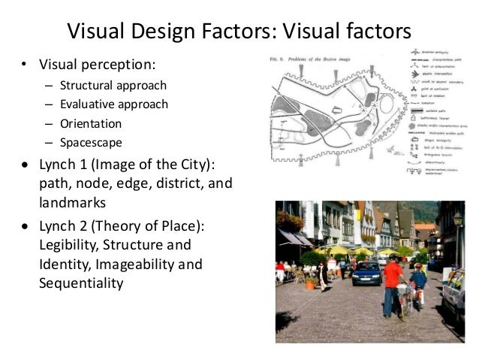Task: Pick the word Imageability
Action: point(150,265)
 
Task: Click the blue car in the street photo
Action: point(366,271)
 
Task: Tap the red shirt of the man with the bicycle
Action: point(393,274)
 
